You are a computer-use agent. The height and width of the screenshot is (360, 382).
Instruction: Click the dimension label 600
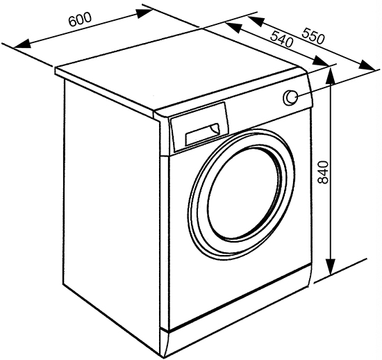80,19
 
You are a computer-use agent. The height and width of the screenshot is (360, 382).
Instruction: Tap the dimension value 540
281,39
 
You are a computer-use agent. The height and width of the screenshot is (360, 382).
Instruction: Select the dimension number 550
313,36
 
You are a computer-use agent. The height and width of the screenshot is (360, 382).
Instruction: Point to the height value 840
323,172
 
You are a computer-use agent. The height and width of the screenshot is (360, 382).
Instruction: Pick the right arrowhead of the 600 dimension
144,13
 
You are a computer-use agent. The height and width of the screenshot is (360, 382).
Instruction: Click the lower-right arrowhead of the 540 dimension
322,60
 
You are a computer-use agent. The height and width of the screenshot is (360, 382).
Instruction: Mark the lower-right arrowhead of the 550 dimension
367,65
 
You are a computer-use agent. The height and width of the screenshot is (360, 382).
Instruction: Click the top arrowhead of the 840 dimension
331,77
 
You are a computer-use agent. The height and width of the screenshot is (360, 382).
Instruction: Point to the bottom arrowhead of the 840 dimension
331,267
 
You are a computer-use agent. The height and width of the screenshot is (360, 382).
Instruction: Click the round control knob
290,98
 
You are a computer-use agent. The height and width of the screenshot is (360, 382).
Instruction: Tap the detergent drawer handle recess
203,135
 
